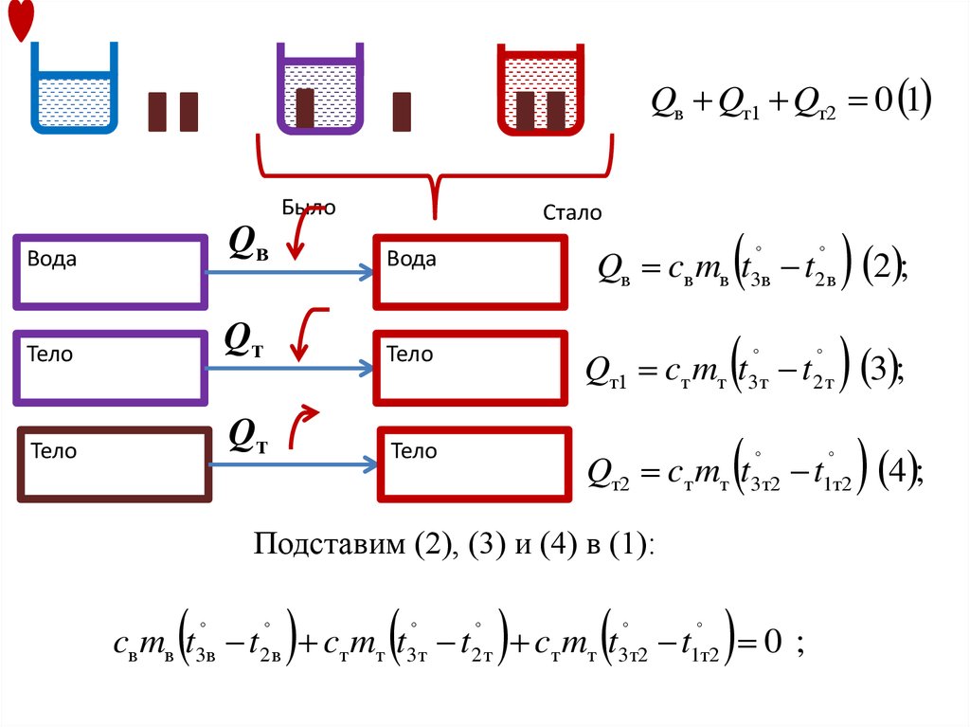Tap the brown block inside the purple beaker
305,108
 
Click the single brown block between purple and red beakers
402,111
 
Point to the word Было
309,209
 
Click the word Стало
572,213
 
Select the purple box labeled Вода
110,273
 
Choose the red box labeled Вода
471,273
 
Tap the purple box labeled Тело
110,368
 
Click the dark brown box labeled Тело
115,464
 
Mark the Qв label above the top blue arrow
249,243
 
